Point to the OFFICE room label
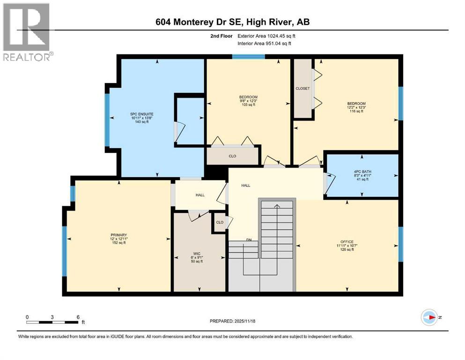[x=347, y=242]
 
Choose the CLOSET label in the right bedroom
[x=303, y=89]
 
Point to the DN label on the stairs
[x=249, y=240]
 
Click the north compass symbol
[x=429, y=317]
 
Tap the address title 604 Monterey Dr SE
[x=232, y=22]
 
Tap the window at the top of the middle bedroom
[x=248, y=57]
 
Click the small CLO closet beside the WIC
[x=219, y=223]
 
